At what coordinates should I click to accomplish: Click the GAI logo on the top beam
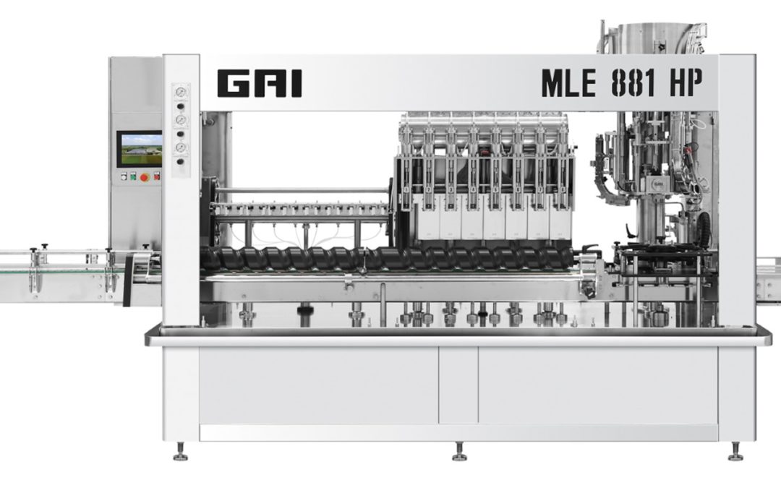pyautogui.click(x=259, y=84)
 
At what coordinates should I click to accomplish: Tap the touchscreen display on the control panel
pyautogui.click(x=140, y=148)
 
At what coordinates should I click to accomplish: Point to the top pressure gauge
pyautogui.click(x=181, y=92)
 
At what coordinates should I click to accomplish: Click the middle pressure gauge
pyautogui.click(x=181, y=119)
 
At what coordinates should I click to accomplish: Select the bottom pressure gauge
pyautogui.click(x=181, y=147)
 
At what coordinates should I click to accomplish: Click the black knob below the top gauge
pyautogui.click(x=181, y=106)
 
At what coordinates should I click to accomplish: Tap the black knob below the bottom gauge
pyautogui.click(x=181, y=160)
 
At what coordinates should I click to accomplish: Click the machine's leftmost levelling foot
pyautogui.click(x=180, y=453)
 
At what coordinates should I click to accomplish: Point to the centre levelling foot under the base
pyautogui.click(x=458, y=453)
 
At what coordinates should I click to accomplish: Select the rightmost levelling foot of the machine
pyautogui.click(x=735, y=453)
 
